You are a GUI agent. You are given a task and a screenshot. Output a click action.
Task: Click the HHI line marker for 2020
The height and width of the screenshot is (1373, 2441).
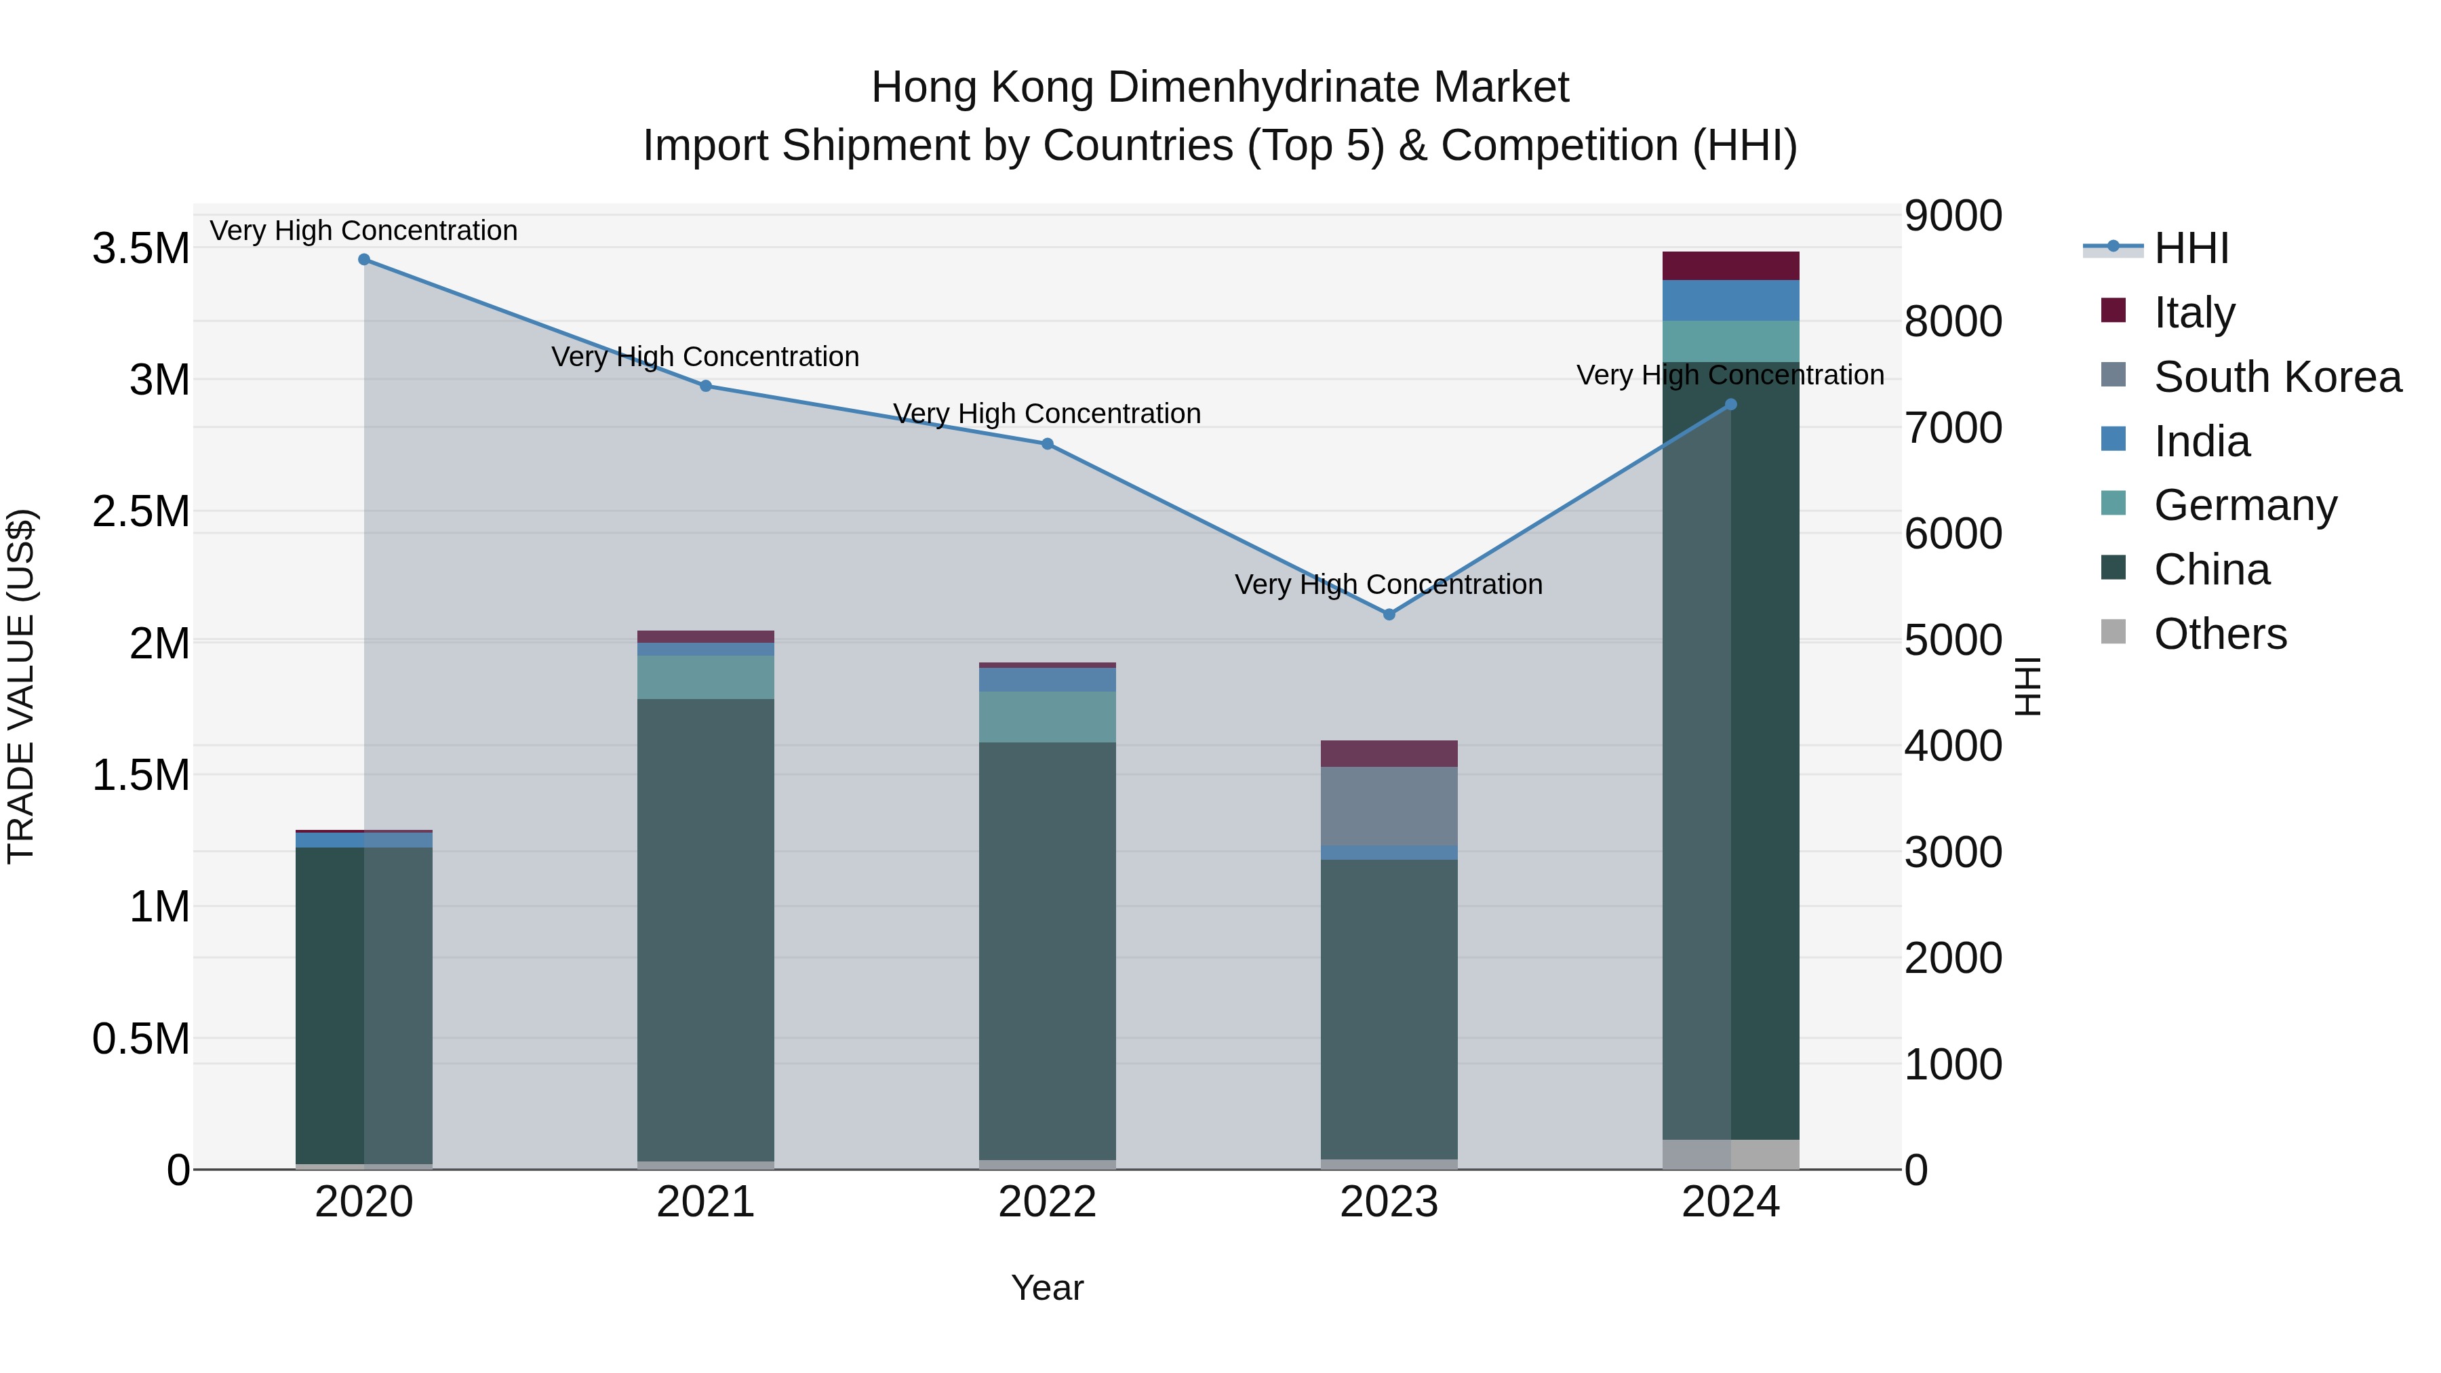364,260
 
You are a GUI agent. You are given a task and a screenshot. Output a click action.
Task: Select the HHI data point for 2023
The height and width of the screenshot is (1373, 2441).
1389,614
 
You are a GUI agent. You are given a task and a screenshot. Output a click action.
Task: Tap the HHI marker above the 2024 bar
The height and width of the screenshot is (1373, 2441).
1730,405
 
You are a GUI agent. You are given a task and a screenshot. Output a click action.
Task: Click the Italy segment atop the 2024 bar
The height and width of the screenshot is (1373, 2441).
1730,266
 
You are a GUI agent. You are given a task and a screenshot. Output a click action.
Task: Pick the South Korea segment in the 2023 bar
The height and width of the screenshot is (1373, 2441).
1389,805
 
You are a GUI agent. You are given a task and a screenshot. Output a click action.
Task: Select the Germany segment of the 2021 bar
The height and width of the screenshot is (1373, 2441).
705,677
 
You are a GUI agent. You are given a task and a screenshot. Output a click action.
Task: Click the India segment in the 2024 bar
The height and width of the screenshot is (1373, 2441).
1730,300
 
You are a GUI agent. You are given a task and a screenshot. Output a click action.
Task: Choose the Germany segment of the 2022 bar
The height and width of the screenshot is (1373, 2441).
1047,717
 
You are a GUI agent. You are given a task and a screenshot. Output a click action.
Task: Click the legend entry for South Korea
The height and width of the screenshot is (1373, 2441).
2276,377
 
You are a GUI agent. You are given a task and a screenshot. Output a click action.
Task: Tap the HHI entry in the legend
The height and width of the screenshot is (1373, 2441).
2190,248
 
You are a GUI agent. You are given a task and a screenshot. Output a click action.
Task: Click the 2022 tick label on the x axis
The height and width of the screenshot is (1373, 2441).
1047,1202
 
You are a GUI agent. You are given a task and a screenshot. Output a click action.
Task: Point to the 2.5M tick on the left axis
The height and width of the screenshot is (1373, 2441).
140,512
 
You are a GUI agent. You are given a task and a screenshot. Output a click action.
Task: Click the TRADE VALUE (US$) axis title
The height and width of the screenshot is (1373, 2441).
21,686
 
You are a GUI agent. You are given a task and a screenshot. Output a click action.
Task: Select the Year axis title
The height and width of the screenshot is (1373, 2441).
1047,1288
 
